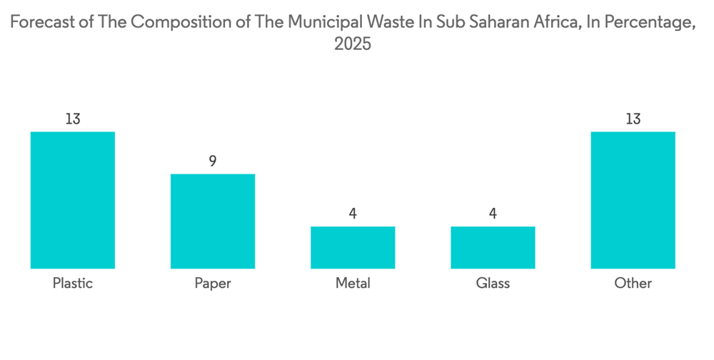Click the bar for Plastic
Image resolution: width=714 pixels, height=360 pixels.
[x=73, y=200]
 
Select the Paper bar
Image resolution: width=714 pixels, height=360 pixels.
[x=213, y=221]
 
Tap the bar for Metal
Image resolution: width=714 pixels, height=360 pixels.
[x=353, y=247]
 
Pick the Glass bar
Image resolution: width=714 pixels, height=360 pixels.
[x=493, y=247]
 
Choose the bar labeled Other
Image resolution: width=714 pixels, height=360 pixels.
[x=633, y=200]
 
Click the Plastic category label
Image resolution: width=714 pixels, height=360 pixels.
[x=73, y=284]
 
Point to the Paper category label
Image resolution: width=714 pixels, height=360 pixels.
[x=213, y=284]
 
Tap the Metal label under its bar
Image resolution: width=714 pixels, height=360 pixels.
[x=353, y=284]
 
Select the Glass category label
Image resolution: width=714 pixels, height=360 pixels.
[x=493, y=284]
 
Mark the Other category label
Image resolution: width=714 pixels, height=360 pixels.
[x=633, y=284]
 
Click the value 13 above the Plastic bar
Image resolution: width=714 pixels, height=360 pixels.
[x=73, y=119]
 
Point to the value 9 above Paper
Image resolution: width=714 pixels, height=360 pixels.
[x=213, y=161]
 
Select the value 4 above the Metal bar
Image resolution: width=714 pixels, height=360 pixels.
[x=353, y=214]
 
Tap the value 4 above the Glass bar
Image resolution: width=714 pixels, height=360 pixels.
[x=493, y=214]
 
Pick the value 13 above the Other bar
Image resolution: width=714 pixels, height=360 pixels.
[x=633, y=119]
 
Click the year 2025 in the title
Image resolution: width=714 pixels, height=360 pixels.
[x=353, y=44]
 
